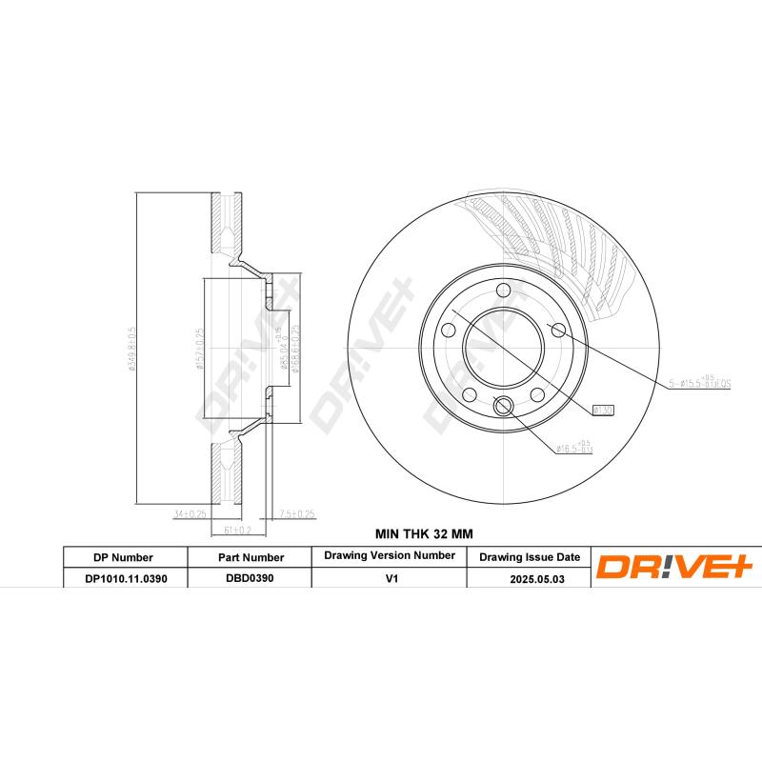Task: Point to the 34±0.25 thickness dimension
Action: click(190, 514)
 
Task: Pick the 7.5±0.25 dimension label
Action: click(296, 514)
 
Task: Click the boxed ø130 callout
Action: click(602, 410)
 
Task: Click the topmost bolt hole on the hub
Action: click(504, 291)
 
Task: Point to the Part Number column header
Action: click(250, 557)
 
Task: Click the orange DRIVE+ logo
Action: click(674, 568)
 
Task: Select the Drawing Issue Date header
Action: click(529, 556)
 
